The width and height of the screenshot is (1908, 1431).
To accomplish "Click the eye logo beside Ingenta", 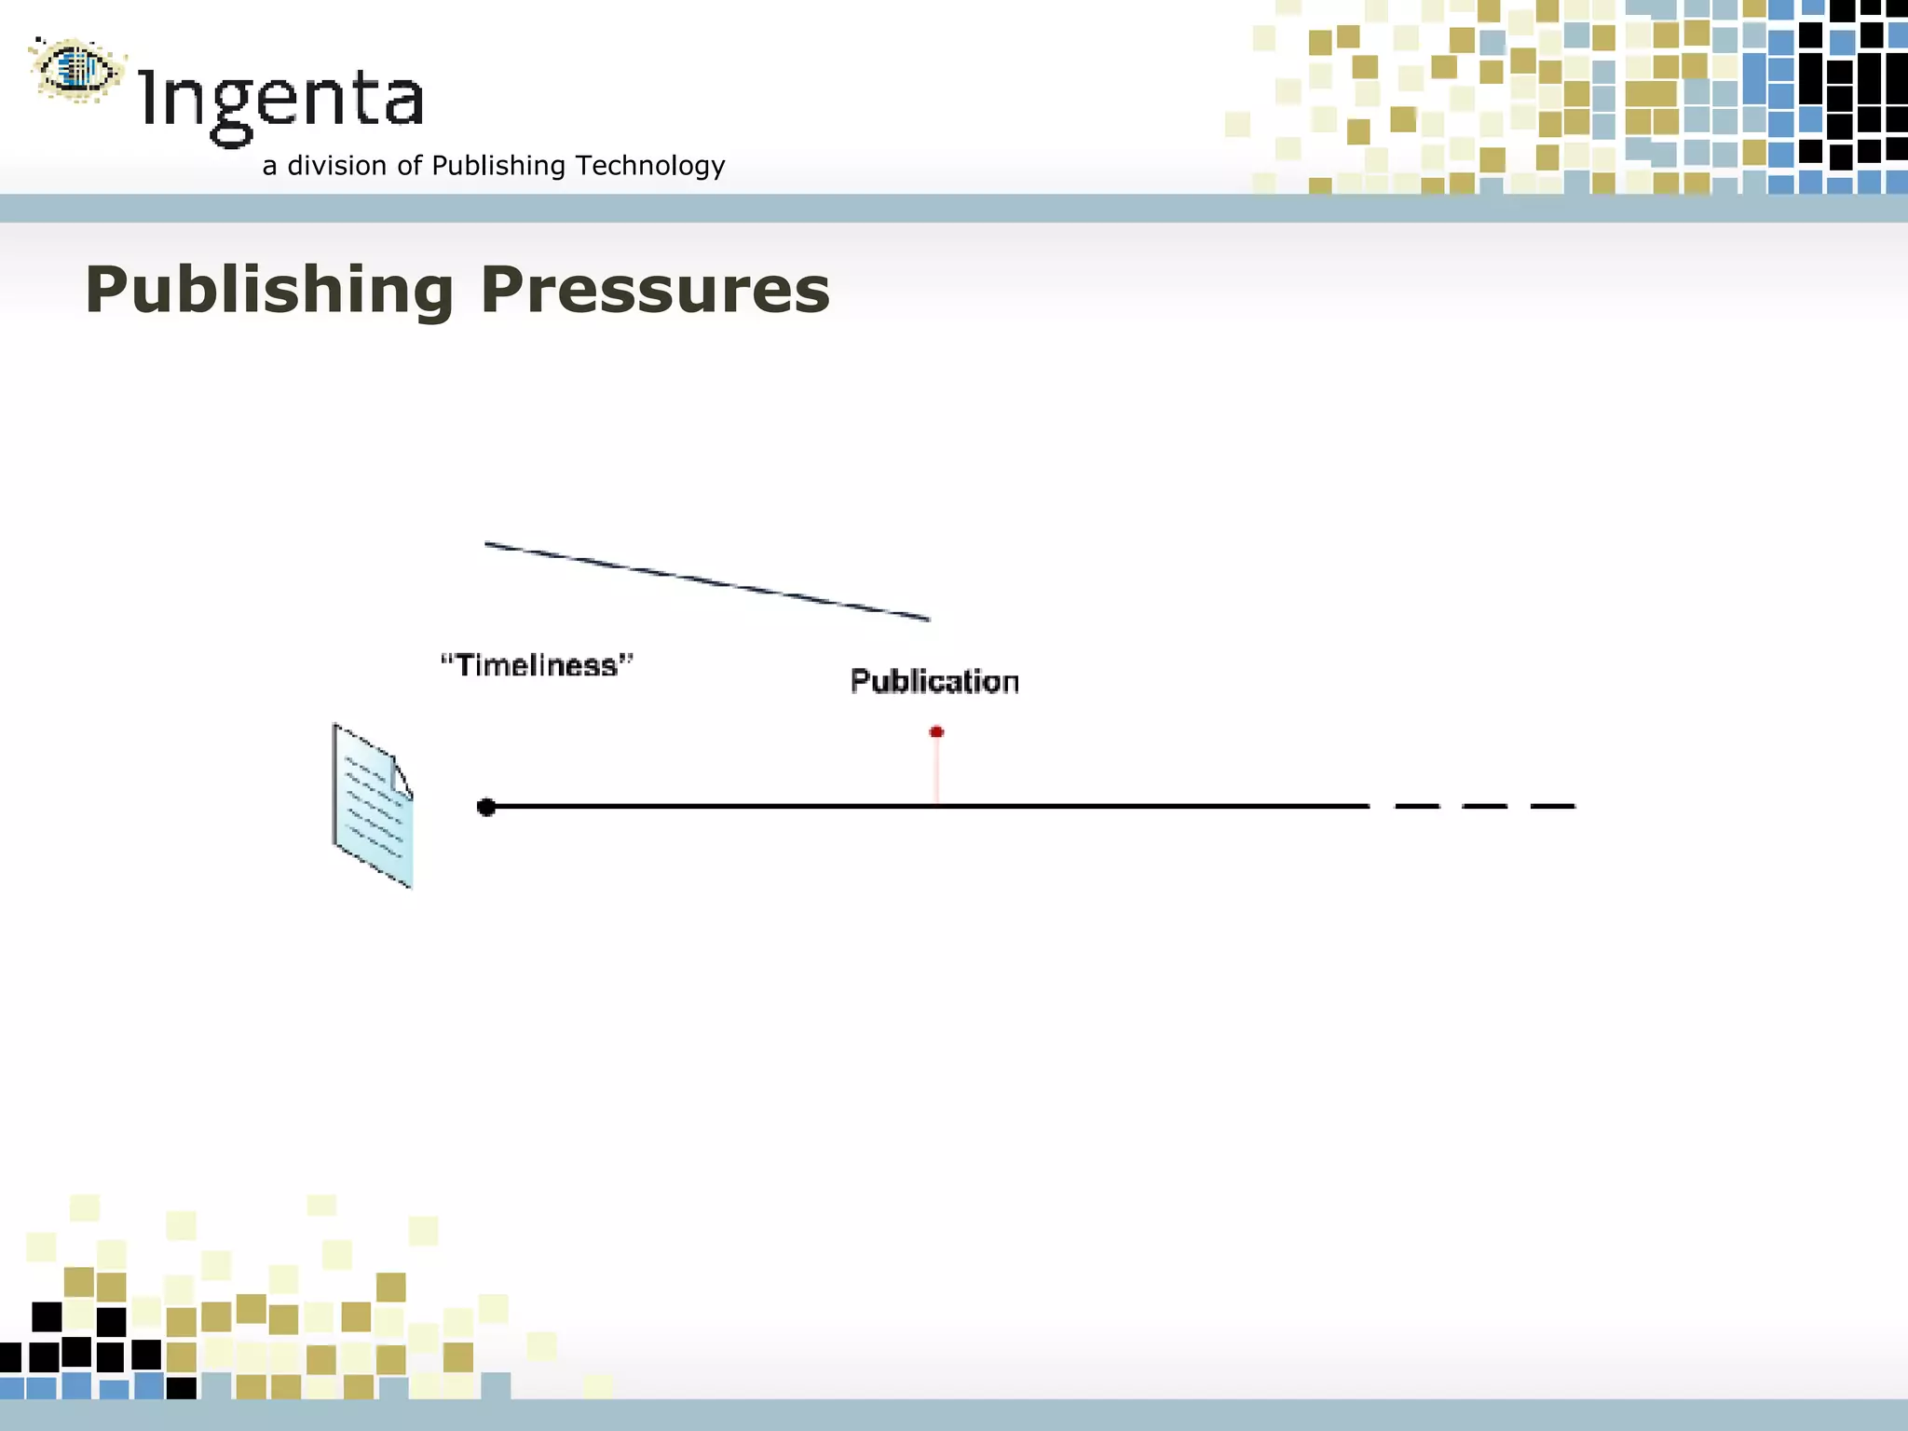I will (x=77, y=69).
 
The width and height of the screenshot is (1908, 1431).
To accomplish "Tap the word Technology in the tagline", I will (x=649, y=166).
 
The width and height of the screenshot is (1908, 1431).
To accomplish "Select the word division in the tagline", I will (x=336, y=166).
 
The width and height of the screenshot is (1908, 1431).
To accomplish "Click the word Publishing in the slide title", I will (x=269, y=291).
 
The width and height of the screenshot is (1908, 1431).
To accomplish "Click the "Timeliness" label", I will (x=537, y=665).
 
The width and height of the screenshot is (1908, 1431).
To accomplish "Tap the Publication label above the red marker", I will (x=934, y=681).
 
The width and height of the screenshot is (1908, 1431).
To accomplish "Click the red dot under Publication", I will (x=936, y=732).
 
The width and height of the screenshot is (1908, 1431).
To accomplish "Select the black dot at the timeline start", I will (x=486, y=807).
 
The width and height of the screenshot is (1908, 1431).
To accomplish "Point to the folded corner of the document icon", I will (x=402, y=775).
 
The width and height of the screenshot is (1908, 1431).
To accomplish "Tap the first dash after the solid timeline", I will (x=1416, y=806).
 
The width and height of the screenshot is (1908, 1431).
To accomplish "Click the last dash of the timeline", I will (x=1553, y=806).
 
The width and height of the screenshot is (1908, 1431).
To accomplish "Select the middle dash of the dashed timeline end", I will (x=1484, y=806).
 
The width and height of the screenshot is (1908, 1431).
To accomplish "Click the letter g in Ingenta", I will (x=232, y=110).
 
